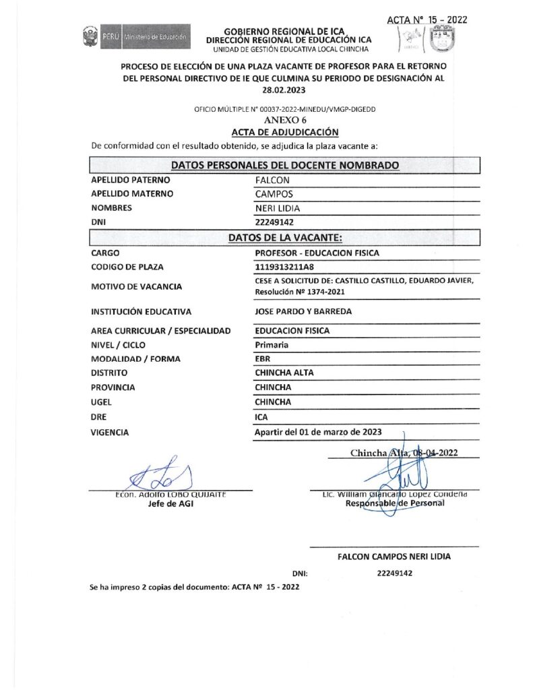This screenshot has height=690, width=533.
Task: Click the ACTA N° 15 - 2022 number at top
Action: [427, 20]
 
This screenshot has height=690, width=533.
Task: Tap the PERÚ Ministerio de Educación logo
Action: [135, 35]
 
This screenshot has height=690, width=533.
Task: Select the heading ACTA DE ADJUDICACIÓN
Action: [284, 132]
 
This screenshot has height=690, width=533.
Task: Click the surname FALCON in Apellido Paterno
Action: [273, 180]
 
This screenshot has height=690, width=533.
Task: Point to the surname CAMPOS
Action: [274, 193]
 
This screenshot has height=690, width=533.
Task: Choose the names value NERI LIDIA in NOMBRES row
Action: [278, 208]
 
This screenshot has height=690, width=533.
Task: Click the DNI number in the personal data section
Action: [275, 222]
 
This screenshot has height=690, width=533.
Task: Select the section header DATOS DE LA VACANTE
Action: [285, 237]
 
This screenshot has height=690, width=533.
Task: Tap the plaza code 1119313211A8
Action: [285, 267]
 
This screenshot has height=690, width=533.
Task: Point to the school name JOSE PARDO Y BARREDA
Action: [304, 311]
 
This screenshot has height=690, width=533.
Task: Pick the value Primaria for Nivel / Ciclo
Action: [272, 344]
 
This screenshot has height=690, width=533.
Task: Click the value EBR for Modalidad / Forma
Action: [263, 358]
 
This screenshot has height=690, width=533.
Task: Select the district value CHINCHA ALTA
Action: [284, 373]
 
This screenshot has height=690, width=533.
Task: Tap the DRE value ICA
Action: [261, 417]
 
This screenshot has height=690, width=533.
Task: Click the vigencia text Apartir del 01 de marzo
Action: [319, 432]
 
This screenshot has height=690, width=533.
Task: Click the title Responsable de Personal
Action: [394, 503]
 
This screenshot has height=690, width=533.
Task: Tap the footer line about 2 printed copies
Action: [195, 587]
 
